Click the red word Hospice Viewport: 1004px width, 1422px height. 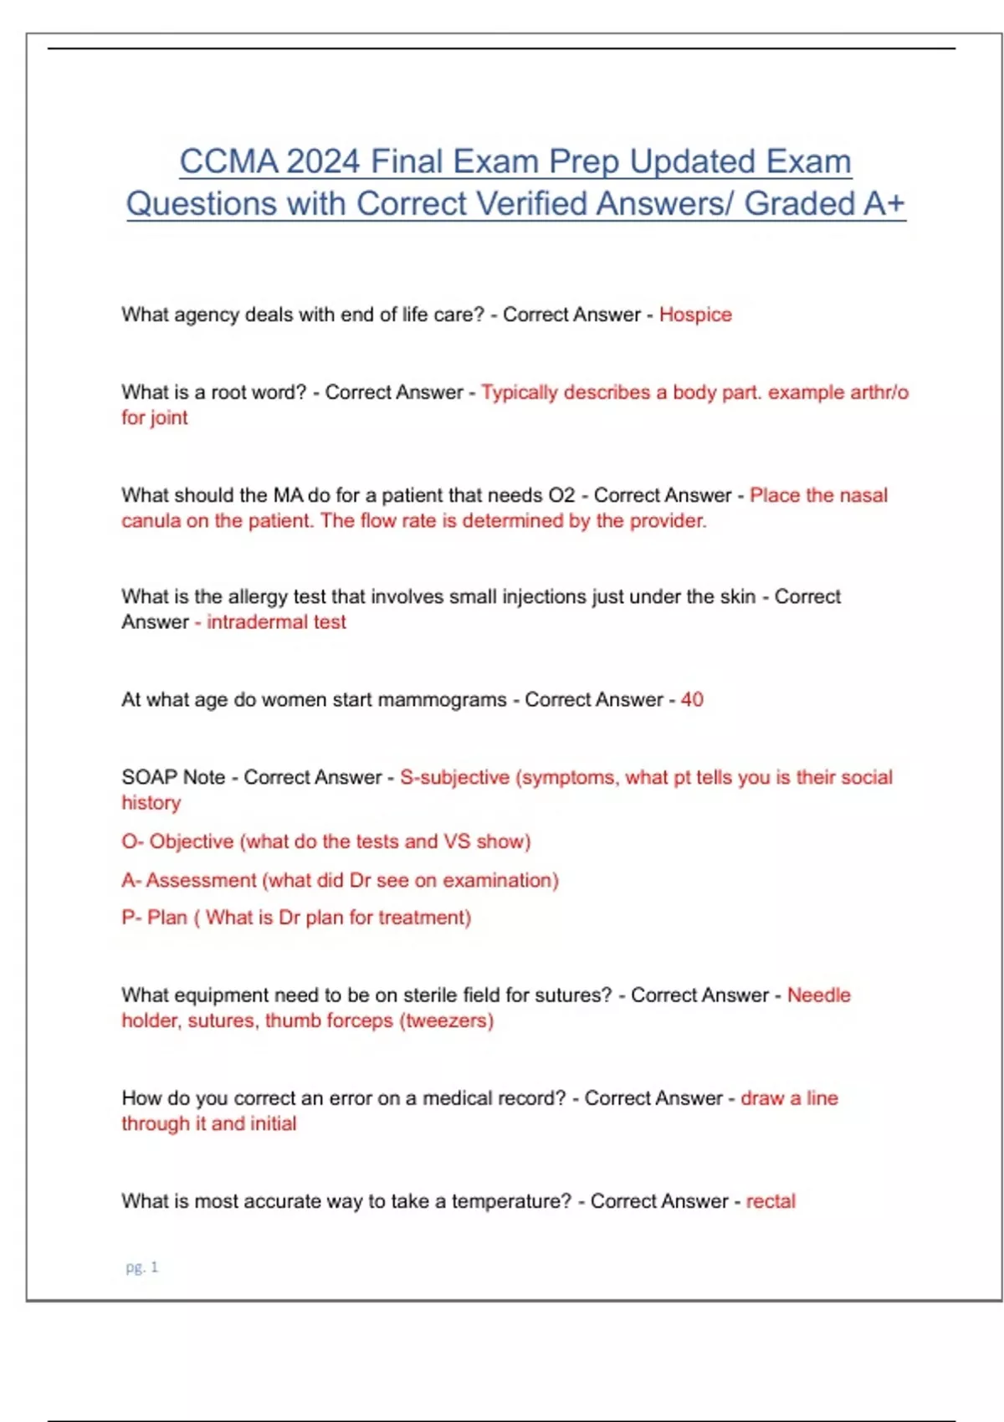(695, 315)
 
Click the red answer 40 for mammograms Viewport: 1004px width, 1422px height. (692, 699)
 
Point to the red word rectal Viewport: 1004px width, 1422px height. (771, 1201)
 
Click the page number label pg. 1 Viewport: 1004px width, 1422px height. (141, 1267)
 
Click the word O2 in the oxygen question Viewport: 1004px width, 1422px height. (561, 495)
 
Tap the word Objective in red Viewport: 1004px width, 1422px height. (191, 841)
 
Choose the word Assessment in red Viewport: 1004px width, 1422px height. (201, 880)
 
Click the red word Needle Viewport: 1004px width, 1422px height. (818, 995)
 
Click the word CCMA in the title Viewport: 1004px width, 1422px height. (228, 161)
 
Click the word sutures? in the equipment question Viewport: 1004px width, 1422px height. (575, 995)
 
